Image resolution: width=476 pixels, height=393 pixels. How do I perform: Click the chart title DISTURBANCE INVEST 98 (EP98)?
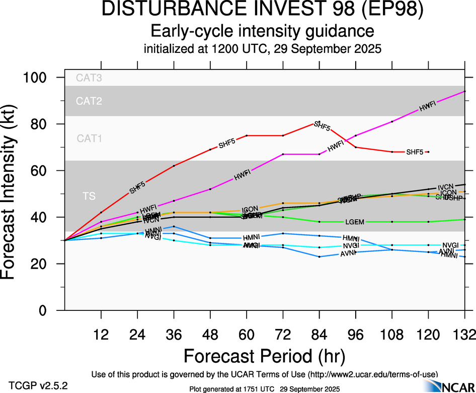coord(262,10)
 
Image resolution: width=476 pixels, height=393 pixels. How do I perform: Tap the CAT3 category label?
coord(89,78)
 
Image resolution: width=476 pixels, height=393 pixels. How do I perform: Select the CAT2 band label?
coord(89,101)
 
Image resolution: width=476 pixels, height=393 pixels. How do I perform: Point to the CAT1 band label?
coord(89,139)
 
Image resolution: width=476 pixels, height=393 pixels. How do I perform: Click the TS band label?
coord(89,196)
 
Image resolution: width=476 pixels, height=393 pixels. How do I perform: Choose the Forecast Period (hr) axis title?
coord(264,356)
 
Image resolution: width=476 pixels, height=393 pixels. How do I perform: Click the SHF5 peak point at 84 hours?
coord(319,122)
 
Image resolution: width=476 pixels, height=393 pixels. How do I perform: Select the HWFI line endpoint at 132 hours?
coord(464,91)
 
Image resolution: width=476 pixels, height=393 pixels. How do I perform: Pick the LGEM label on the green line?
coord(355,222)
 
